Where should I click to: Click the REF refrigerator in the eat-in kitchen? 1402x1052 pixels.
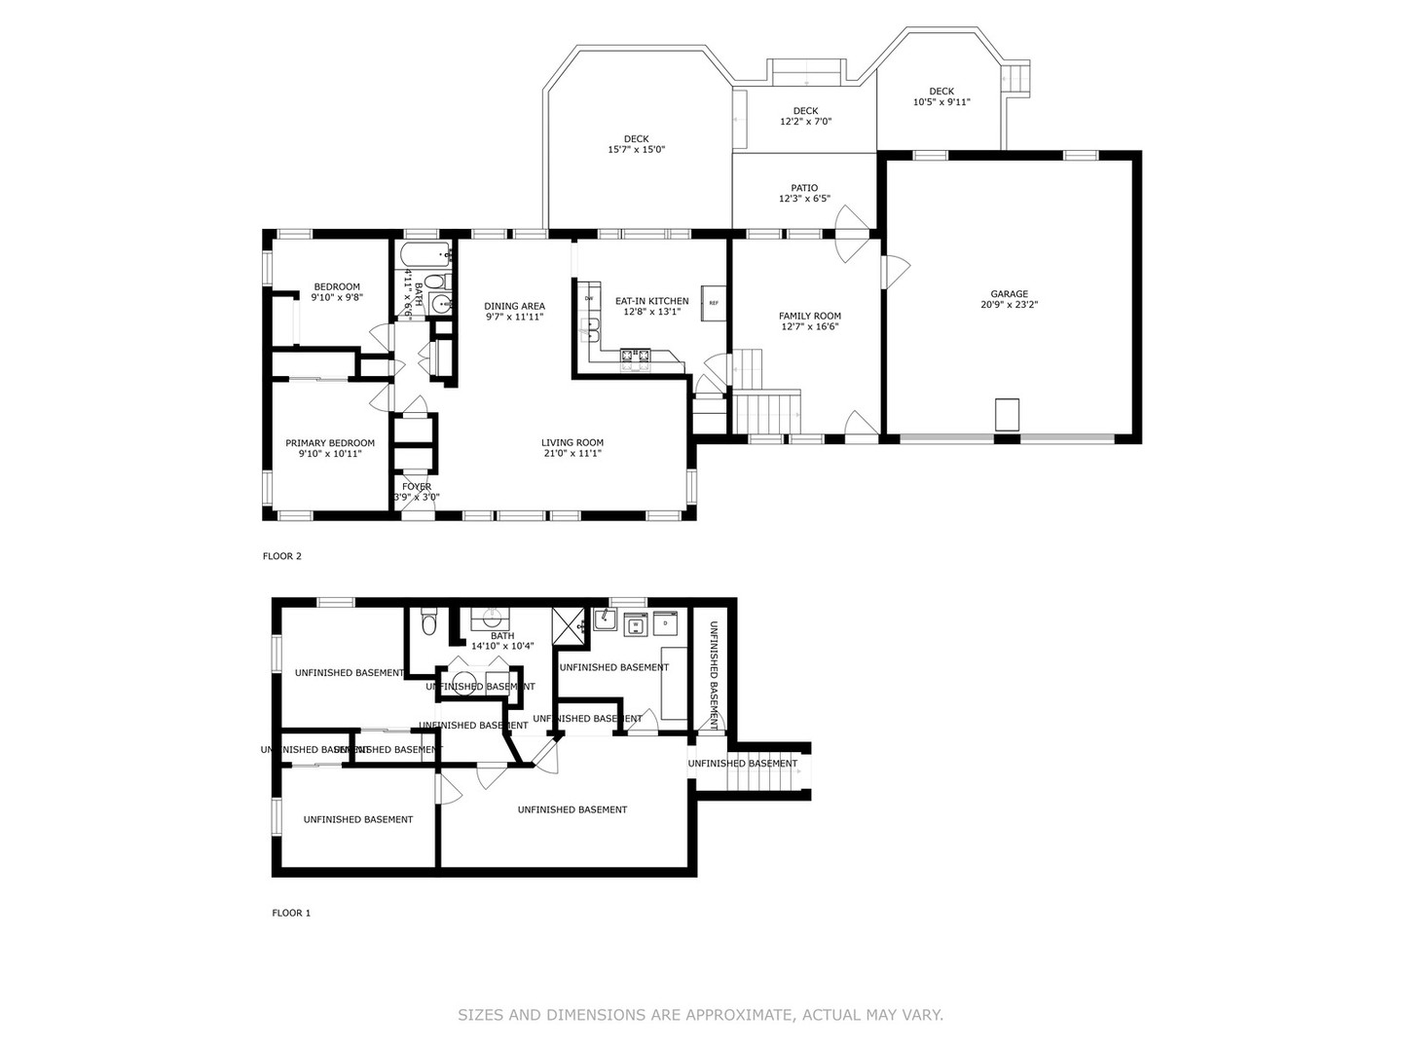tap(713, 303)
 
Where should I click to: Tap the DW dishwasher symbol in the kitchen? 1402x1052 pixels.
tap(589, 298)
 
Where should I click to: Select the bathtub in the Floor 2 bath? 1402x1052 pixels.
tap(425, 256)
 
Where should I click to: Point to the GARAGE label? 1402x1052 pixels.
tap(1009, 294)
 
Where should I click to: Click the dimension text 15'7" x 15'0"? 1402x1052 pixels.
tap(636, 150)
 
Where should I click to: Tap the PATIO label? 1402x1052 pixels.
tap(804, 188)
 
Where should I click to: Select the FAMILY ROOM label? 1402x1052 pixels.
tap(809, 316)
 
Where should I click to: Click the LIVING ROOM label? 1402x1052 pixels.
tap(572, 442)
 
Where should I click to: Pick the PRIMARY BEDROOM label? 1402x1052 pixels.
tap(329, 443)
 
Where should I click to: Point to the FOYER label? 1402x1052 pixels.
tap(416, 487)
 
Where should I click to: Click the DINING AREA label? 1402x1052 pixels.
tap(514, 306)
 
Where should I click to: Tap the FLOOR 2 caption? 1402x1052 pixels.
tap(282, 556)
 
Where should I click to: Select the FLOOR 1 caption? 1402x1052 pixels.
tap(290, 913)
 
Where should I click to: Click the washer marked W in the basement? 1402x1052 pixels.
tap(636, 624)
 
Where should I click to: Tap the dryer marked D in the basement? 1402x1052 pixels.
tap(665, 621)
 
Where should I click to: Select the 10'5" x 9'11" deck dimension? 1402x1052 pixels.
tap(941, 102)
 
